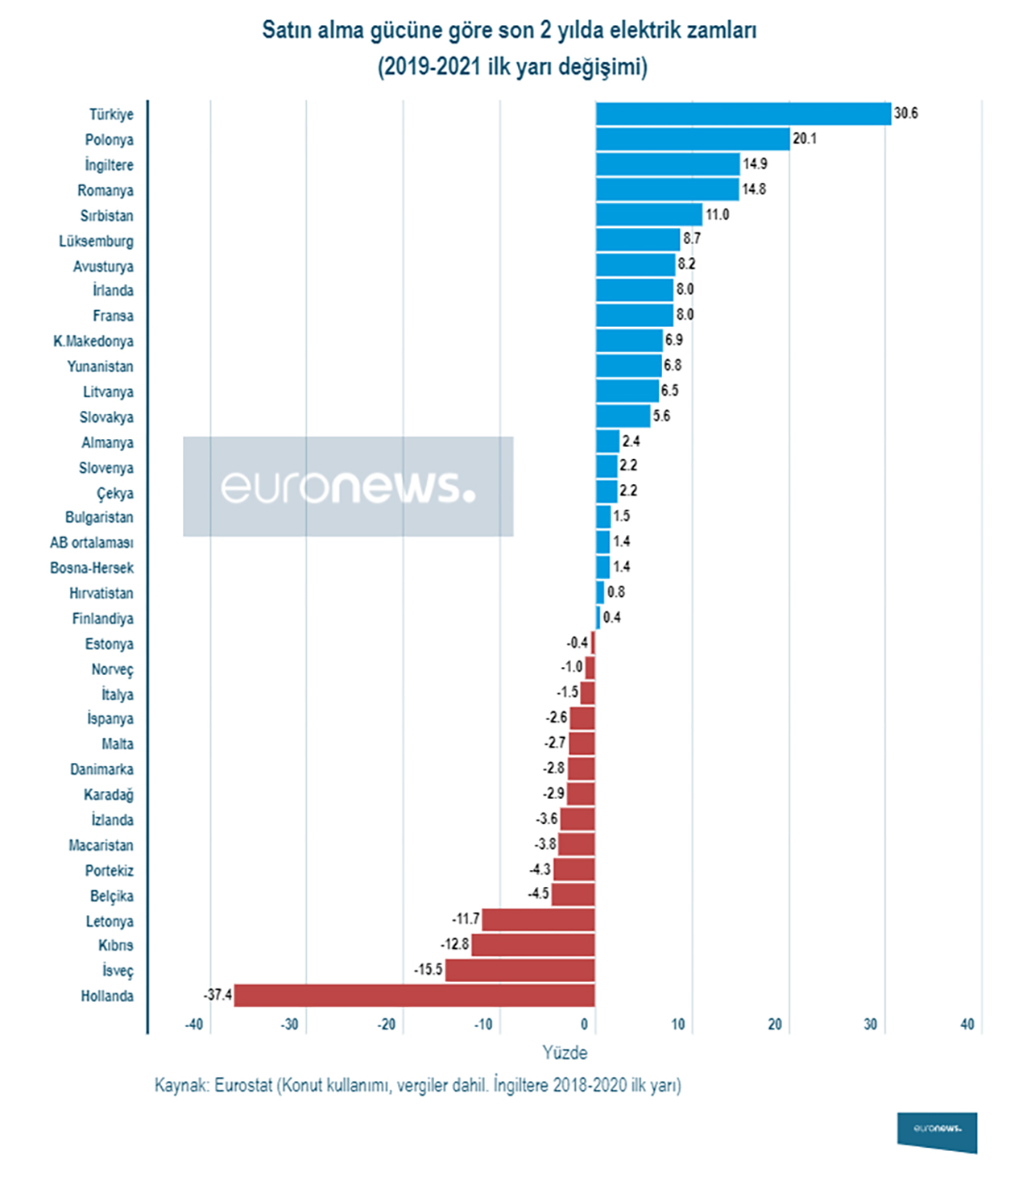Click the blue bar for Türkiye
point(743,114)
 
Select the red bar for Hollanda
point(414,995)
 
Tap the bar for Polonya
point(693,139)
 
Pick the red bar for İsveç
point(520,970)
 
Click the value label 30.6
point(905,114)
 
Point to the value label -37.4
point(217,995)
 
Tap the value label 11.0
point(717,214)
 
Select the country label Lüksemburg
point(96,241)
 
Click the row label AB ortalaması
point(92,542)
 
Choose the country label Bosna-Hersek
point(92,568)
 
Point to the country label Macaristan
point(101,845)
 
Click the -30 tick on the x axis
point(290,1025)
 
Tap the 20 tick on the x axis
point(775,1025)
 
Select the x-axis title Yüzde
point(565,1053)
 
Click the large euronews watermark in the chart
point(348,487)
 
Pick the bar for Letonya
point(538,919)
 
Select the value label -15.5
point(429,970)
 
